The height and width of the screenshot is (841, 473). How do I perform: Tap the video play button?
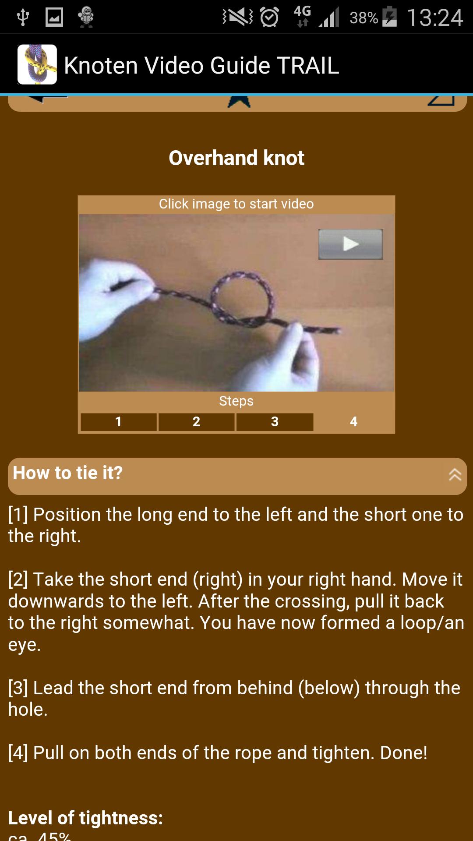click(350, 244)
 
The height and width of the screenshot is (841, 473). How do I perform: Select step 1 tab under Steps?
click(118, 422)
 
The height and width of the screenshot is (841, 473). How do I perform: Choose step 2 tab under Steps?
click(196, 422)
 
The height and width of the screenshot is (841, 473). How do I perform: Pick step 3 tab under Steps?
click(275, 422)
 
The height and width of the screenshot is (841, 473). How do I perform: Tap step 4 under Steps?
click(354, 422)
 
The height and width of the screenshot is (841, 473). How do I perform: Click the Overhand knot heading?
click(236, 158)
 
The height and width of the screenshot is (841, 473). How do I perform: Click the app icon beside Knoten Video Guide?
click(37, 64)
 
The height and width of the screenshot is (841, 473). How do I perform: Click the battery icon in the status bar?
click(389, 18)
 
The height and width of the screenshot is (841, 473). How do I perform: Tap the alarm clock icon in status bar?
click(269, 18)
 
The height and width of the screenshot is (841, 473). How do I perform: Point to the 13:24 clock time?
click(435, 18)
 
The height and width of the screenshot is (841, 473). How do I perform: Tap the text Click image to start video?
click(236, 204)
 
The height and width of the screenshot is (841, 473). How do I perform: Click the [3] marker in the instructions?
click(18, 688)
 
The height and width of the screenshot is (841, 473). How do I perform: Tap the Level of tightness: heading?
click(85, 818)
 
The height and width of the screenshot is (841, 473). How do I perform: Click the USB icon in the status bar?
click(22, 18)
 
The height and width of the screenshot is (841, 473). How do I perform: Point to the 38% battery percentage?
click(364, 18)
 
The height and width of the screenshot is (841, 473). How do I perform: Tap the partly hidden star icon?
click(239, 101)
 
